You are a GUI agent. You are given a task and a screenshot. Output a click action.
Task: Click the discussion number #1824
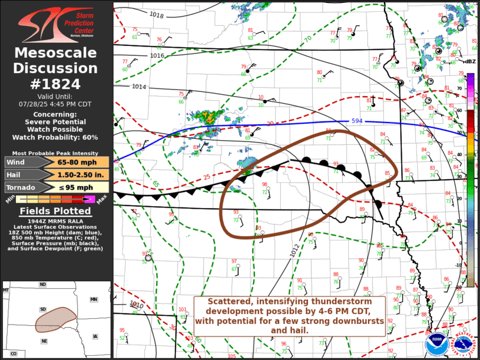(x=56, y=84)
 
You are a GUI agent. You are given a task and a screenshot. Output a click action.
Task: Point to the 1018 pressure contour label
(x=156, y=15)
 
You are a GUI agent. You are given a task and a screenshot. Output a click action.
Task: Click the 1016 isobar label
(x=157, y=56)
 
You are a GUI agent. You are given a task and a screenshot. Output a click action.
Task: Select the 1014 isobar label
(x=139, y=87)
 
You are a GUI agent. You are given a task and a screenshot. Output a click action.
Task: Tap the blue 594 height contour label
(x=357, y=121)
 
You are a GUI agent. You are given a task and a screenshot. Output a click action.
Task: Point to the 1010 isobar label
(x=137, y=305)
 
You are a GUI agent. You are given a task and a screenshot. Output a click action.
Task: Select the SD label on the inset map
(x=42, y=309)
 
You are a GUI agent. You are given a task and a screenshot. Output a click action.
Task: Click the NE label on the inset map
(x=44, y=341)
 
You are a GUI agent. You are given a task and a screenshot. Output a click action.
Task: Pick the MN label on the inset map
(x=93, y=300)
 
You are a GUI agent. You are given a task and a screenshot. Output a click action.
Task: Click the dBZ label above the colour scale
(x=470, y=62)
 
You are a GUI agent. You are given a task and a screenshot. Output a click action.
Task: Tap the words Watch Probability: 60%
(x=56, y=137)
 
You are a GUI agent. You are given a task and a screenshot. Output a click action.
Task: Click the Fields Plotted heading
(x=56, y=211)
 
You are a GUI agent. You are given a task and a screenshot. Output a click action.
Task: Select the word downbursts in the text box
(x=356, y=321)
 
